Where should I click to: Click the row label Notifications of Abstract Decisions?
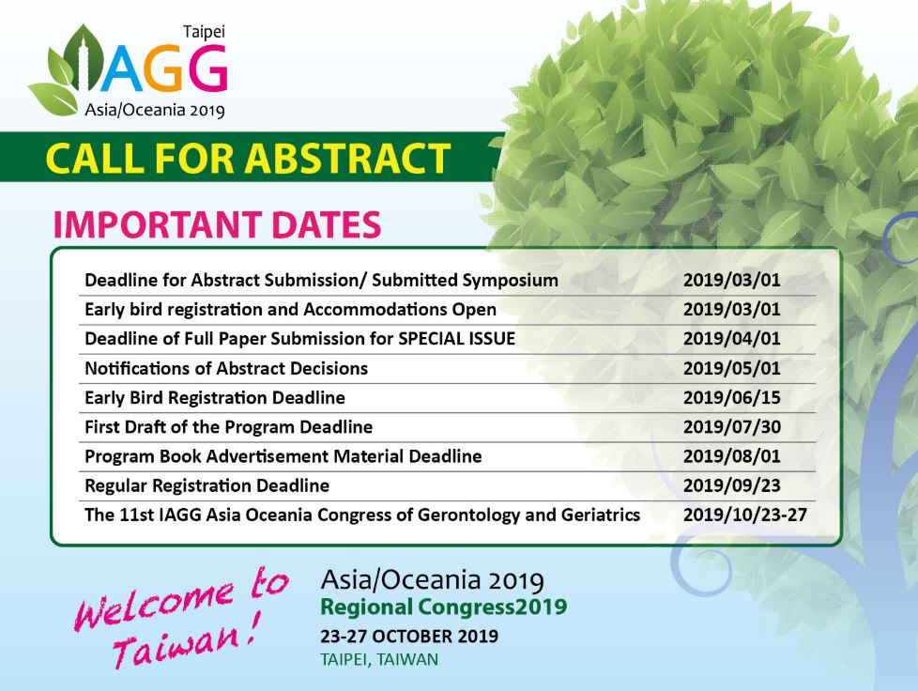click(x=225, y=368)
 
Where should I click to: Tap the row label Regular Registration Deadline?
click(x=207, y=486)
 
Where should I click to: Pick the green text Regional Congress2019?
click(x=443, y=607)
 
